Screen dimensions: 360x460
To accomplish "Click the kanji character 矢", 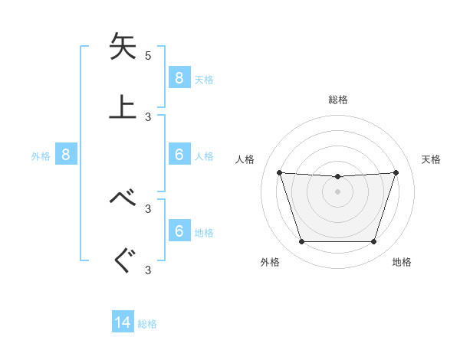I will pos(123,46).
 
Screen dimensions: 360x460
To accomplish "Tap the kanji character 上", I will pos(123,106).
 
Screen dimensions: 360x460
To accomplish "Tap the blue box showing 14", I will pos(123,322).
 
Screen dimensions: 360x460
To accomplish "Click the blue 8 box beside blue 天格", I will pos(179,77).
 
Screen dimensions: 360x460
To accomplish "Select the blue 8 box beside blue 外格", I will pos(66,155).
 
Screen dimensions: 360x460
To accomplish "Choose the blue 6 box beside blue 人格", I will pos(179,155).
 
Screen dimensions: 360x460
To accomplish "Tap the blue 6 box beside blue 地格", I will pos(179,231).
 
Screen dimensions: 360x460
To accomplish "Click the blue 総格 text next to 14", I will pos(147,324).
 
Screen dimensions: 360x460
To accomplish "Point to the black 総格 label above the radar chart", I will pos(337,100).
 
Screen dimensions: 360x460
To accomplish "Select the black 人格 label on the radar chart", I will pos(246,159).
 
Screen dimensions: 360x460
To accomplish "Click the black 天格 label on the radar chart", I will pos(431,159).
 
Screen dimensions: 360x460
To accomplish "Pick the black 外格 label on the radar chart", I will pos(270,262).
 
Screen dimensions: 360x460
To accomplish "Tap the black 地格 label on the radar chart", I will pos(402,262).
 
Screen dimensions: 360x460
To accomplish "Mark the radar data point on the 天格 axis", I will pos(396,172).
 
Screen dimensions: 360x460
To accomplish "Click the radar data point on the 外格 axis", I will pos(301,242).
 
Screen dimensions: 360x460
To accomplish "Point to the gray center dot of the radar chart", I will pos(337,191).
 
